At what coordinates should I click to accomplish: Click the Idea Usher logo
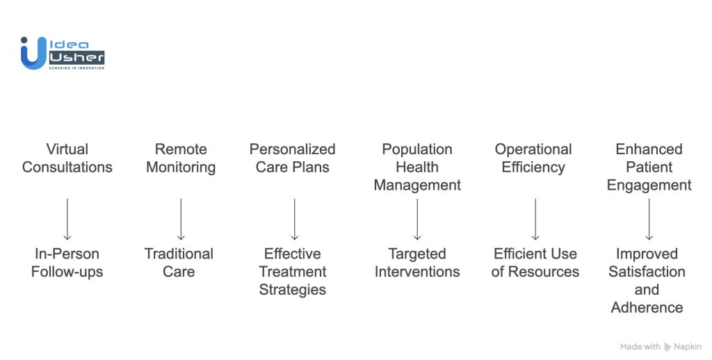[63, 54]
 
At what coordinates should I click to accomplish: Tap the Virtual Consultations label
[67, 158]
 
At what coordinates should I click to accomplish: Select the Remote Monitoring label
[181, 158]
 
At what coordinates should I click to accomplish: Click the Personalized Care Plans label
[292, 158]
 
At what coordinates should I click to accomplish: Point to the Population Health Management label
[417, 167]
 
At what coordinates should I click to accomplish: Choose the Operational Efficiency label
[533, 158]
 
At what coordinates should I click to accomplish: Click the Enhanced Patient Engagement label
[649, 167]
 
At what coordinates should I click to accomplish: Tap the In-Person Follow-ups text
[67, 263]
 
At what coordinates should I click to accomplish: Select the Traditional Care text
[179, 263]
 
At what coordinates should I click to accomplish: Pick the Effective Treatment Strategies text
[292, 272]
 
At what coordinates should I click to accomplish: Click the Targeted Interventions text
[417, 263]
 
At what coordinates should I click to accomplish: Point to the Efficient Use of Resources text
[535, 263]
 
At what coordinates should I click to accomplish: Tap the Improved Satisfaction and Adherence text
[647, 281]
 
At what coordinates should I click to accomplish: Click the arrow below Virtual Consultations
[67, 219]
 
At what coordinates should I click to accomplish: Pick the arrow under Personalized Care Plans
[294, 219]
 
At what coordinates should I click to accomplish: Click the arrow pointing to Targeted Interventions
[417, 219]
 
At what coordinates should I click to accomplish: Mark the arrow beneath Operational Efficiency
[535, 219]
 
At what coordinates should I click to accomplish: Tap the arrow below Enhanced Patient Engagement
[649, 219]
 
